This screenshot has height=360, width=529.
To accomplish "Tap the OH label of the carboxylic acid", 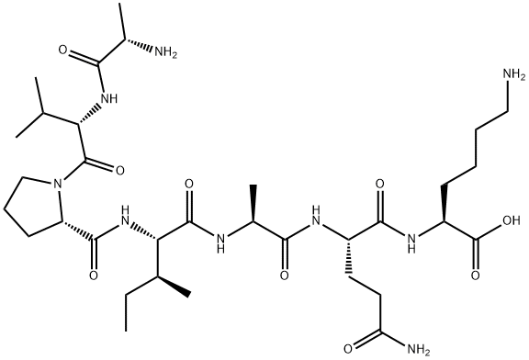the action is (511, 220).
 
